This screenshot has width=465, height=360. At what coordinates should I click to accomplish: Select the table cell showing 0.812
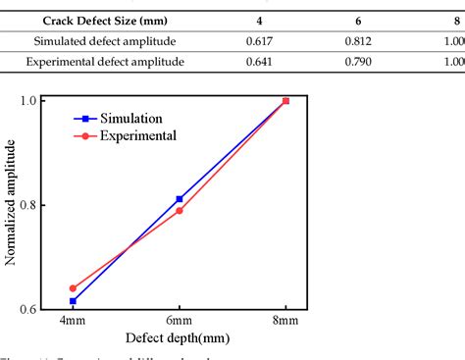pyautogui.click(x=359, y=43)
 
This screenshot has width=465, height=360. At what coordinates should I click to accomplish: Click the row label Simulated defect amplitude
pyautogui.click(x=104, y=43)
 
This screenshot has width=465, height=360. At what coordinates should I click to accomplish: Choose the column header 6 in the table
pyautogui.click(x=359, y=19)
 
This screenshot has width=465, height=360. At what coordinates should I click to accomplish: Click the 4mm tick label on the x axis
pyautogui.click(x=72, y=322)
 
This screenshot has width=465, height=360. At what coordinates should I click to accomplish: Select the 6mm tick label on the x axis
pyautogui.click(x=179, y=322)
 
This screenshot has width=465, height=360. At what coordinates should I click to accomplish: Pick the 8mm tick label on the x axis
pyautogui.click(x=285, y=322)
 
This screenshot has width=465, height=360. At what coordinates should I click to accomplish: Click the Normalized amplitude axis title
pyautogui.click(x=12, y=204)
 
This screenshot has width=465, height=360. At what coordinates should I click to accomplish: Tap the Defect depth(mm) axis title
pyautogui.click(x=178, y=339)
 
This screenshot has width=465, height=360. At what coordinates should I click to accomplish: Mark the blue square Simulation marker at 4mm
pyautogui.click(x=72, y=301)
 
